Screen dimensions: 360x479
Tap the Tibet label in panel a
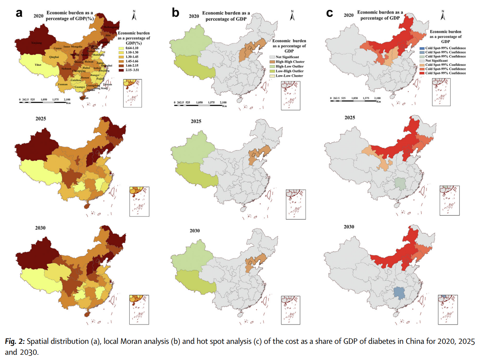(38, 65)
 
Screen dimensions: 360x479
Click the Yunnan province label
(63, 84)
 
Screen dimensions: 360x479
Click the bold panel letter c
(329, 13)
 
